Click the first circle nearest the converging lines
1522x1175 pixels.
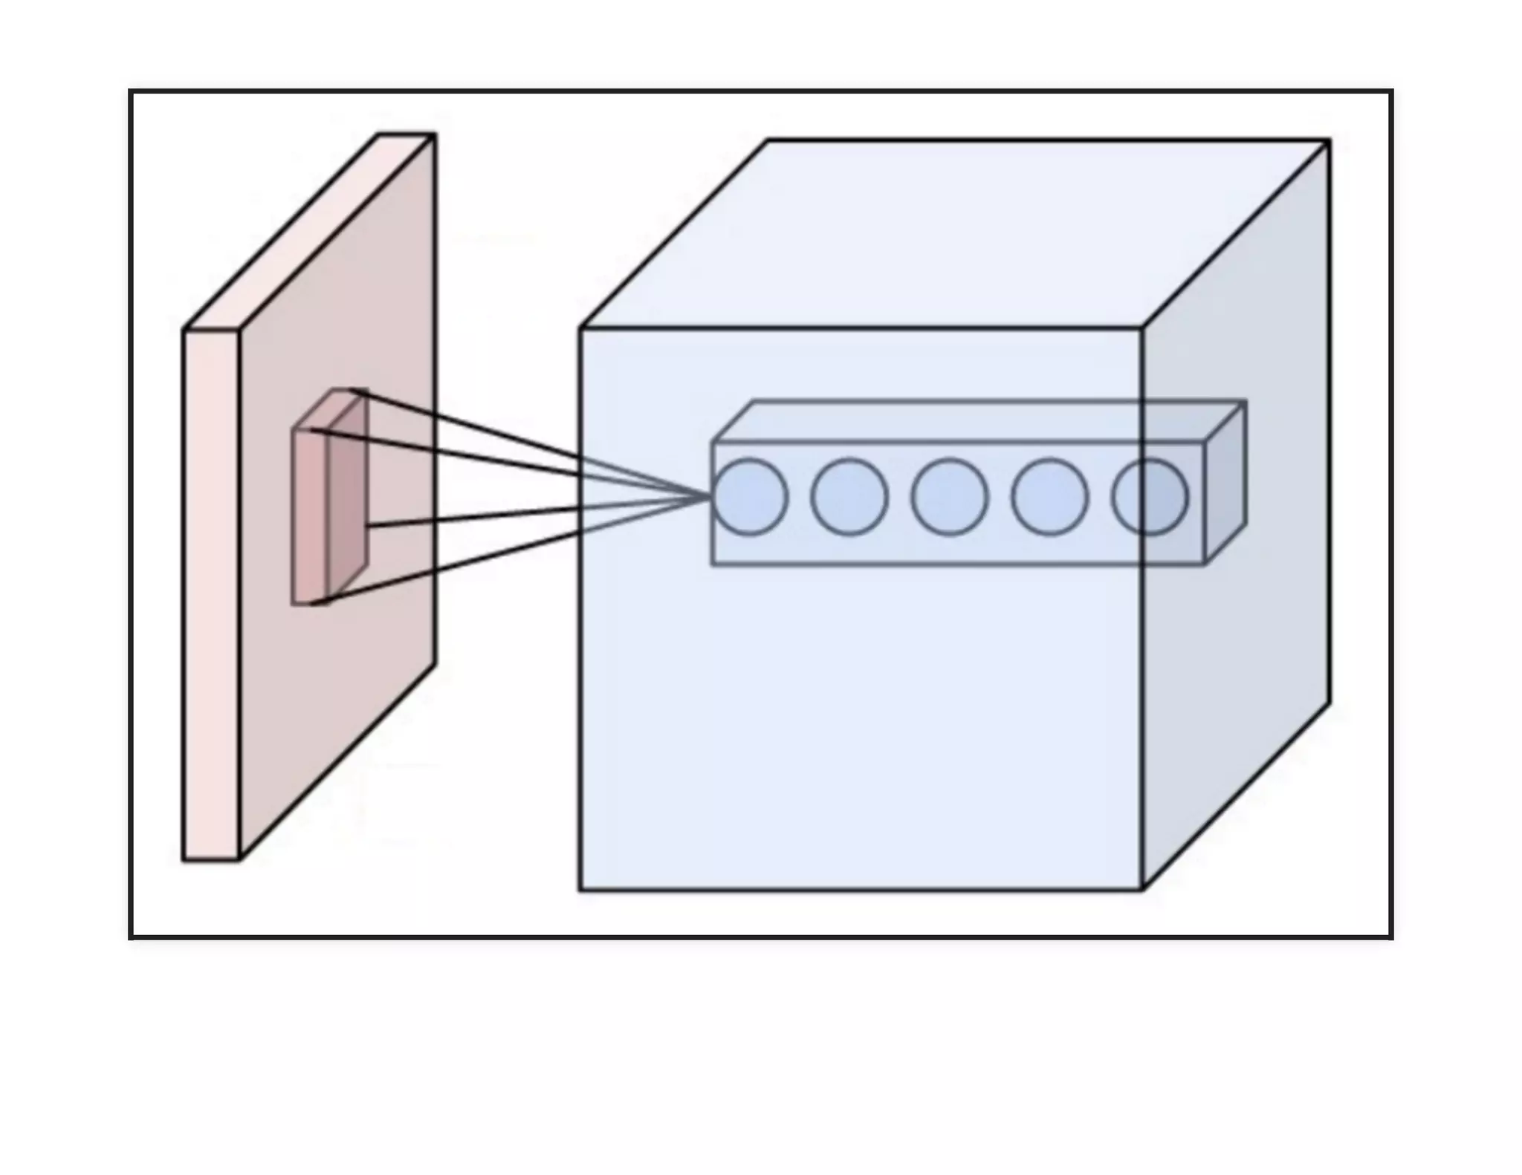749,496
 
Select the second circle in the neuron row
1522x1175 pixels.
849,496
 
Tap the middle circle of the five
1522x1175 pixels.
949,496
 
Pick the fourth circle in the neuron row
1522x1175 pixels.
1049,496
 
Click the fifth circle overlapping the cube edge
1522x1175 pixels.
1149,496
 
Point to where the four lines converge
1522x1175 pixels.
710,496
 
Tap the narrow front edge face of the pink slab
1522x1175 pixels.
211,594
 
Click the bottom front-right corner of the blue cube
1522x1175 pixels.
1142,889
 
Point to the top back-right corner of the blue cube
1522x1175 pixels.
1329,140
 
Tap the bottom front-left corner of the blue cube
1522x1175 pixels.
580,889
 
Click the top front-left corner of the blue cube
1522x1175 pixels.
580,328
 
